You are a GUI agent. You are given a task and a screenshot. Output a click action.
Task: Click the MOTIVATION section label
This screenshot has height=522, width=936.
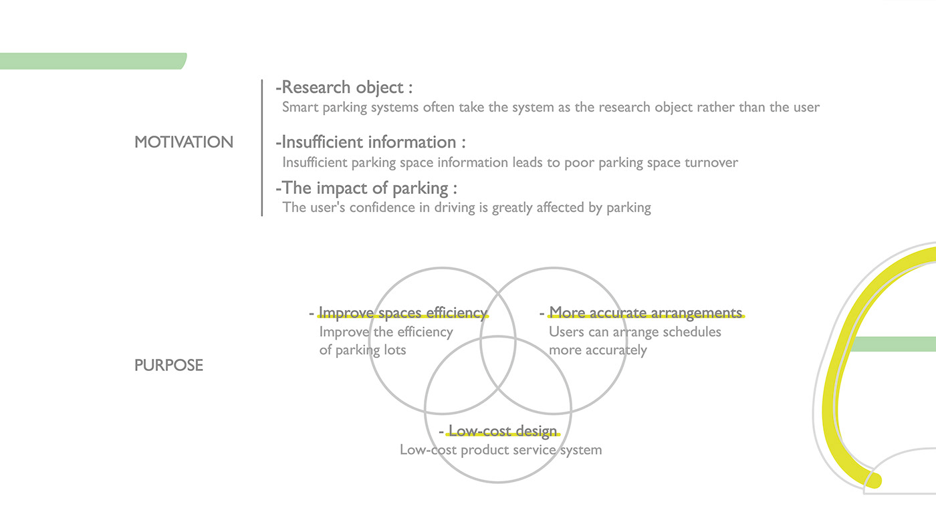coord(184,142)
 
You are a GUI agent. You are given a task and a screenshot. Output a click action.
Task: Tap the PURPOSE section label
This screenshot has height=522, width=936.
coord(168,366)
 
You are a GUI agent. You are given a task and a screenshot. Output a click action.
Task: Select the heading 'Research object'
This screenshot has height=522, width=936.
coord(342,88)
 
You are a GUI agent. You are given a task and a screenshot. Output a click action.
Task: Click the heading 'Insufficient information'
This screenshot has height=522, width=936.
coord(368,142)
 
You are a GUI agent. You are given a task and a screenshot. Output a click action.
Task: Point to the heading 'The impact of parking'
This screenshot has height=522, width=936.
coord(365,188)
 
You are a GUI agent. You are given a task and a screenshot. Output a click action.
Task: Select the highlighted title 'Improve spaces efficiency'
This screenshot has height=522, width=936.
coord(402,313)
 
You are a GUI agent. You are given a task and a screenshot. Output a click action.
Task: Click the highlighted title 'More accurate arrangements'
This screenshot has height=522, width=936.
coord(646,313)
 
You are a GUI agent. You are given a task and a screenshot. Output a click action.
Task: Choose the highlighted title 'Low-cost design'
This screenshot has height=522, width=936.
coord(503,431)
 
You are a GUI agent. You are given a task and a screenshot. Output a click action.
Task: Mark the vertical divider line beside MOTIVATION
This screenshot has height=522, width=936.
coord(262,148)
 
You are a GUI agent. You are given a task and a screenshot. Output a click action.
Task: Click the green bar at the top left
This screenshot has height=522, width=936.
coord(93,61)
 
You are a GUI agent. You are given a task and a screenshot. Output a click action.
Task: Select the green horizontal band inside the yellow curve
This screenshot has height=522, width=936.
coord(893,344)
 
